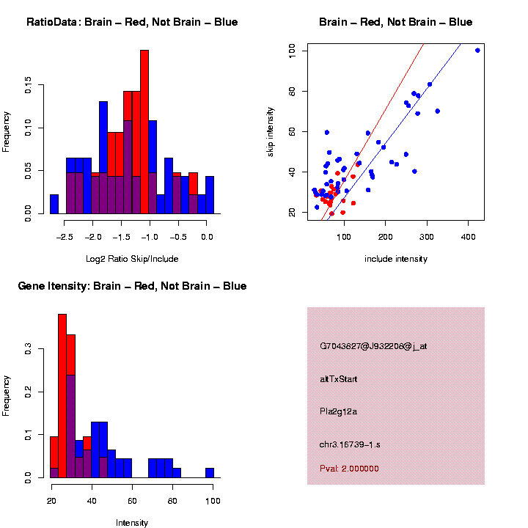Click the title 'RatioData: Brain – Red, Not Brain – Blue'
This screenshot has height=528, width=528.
(132, 22)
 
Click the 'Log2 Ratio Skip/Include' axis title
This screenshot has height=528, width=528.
(132, 259)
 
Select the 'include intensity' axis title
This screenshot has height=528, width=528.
(396, 259)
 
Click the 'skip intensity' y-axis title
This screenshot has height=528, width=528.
(271, 131)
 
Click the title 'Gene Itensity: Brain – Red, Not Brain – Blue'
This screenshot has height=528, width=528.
(132, 286)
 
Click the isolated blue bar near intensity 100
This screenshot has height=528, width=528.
(210, 472)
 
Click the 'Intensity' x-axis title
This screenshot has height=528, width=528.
(132, 523)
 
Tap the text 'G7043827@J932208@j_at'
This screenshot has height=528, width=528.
(373, 346)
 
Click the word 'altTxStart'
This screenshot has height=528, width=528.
(339, 379)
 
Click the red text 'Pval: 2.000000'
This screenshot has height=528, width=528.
(350, 469)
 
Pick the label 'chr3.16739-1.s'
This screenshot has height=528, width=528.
(350, 444)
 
